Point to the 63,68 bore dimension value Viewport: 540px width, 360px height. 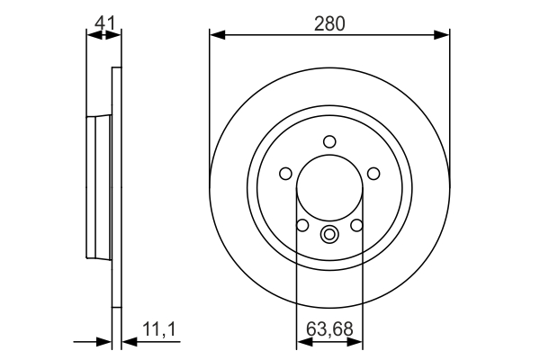tap(328, 329)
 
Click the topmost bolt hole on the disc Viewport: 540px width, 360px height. tap(329, 140)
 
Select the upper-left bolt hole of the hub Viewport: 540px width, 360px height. tap(287, 173)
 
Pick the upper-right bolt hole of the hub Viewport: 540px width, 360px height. tap(372, 173)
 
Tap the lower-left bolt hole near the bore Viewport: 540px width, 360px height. tap(303, 224)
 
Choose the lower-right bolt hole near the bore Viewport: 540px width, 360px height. tap(356, 224)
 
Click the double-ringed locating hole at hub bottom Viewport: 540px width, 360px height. tap(329, 236)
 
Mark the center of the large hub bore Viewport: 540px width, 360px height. tap(329, 188)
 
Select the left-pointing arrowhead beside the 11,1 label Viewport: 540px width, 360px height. tap(126, 342)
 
